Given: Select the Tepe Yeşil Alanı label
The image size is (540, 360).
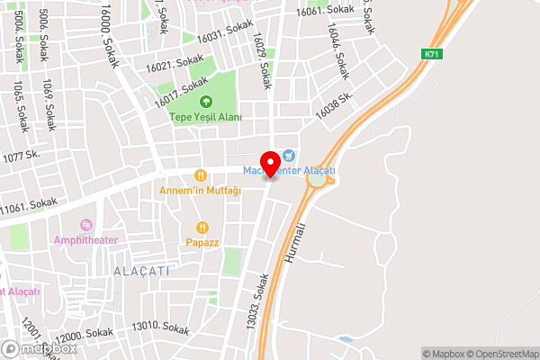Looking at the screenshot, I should [205, 117].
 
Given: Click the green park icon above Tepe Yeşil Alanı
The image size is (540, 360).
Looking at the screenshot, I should [205, 101].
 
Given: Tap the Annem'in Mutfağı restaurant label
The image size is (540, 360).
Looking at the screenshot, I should [200, 191].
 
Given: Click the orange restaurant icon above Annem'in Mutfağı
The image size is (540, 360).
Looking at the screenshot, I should [201, 175].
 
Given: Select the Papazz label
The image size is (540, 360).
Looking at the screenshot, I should [202, 242].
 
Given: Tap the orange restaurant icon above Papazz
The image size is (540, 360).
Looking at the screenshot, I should [202, 227].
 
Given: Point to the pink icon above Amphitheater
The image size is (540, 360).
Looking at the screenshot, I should [85, 224].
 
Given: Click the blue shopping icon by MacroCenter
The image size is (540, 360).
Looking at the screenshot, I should [288, 155].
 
